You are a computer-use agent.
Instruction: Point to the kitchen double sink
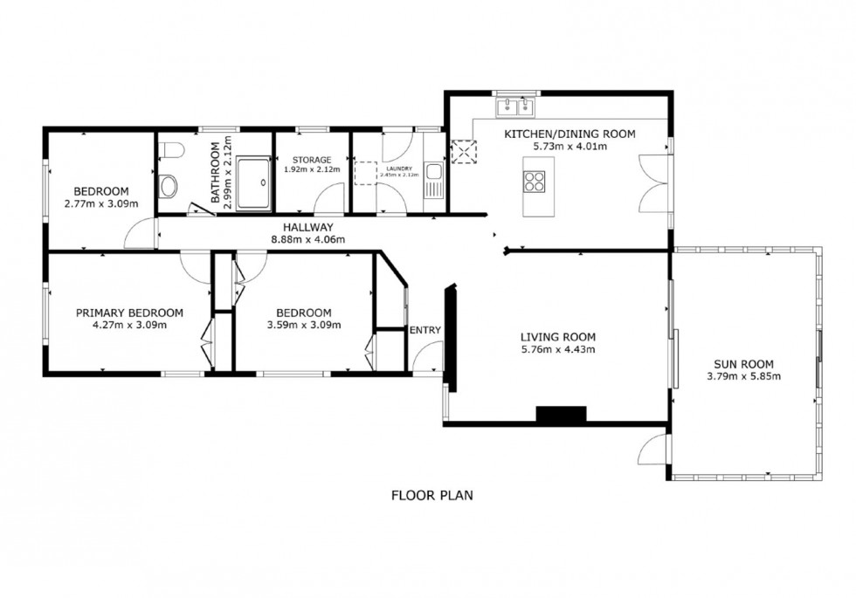(514, 108)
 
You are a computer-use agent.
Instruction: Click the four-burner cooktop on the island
(534, 182)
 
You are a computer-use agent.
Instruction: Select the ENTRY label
(425, 330)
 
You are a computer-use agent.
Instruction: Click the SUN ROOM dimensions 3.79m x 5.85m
(742, 376)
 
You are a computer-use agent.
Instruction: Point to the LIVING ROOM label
(557, 337)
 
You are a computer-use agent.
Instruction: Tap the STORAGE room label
(312, 161)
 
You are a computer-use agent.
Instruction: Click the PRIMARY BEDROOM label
(129, 313)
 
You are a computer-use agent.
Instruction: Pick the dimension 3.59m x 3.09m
(303, 325)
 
